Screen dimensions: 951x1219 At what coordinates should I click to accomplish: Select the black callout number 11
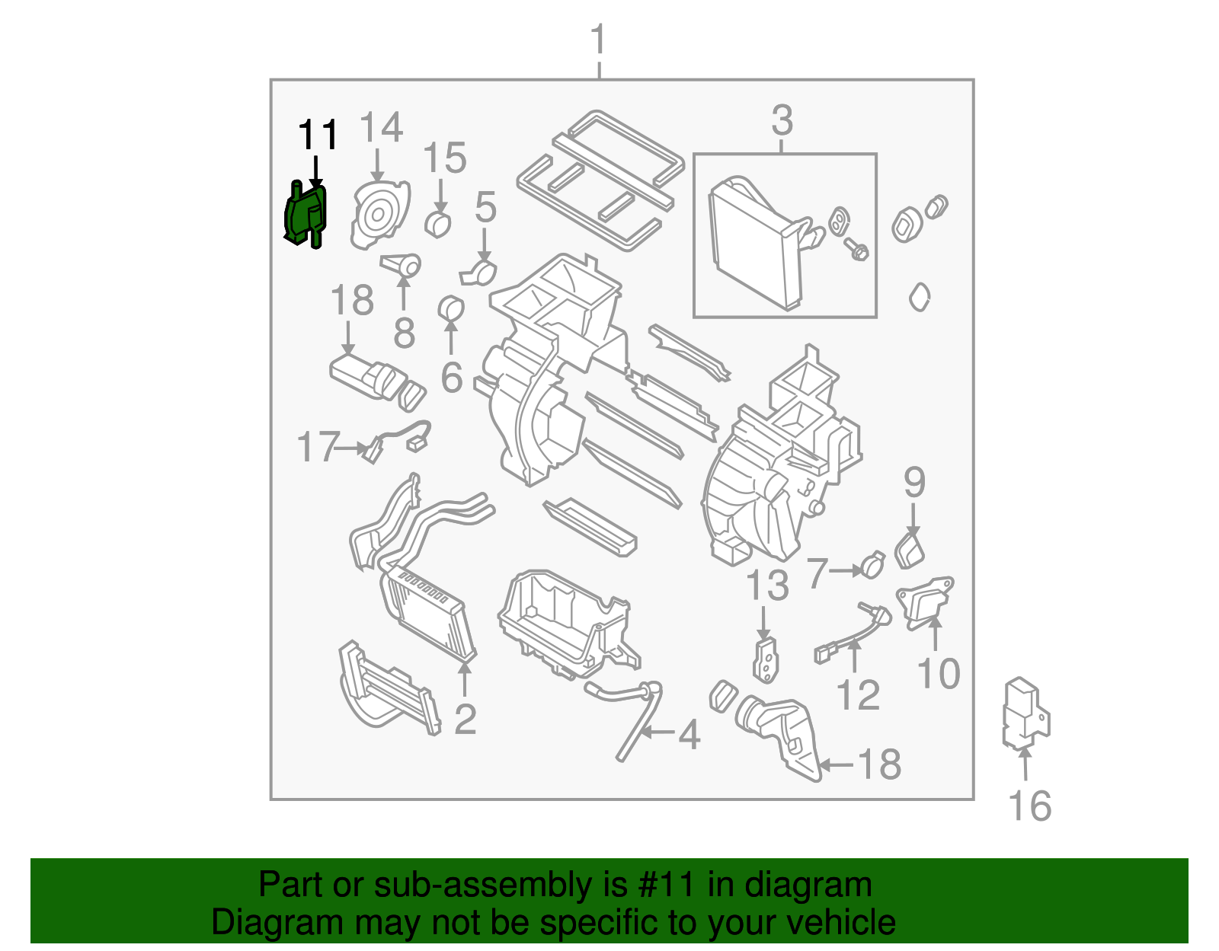pos(318,136)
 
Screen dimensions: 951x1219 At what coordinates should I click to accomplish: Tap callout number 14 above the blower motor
pos(380,128)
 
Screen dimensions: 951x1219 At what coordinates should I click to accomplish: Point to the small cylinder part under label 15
pos(438,225)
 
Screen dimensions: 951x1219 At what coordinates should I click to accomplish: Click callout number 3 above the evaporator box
pos(782,120)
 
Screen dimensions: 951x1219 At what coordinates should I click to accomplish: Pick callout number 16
pos(1029,806)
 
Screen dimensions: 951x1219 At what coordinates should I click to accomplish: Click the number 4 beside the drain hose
pos(689,735)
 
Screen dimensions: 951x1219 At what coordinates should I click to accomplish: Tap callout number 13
pos(766,586)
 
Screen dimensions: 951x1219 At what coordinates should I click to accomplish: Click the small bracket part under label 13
pos(766,659)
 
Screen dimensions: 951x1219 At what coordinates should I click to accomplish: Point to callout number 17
pos(318,447)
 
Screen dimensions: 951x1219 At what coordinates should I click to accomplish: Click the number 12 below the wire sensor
pos(858,694)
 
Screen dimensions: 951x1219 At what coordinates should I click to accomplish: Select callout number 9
pos(914,482)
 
